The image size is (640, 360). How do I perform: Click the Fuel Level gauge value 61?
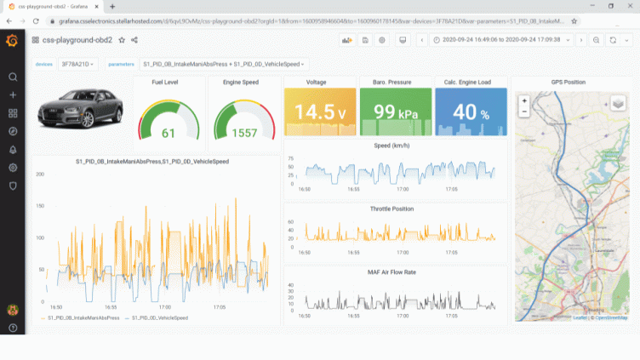click(x=169, y=133)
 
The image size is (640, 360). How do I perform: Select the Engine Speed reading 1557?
click(x=244, y=133)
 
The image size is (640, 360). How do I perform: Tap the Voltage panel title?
click(x=317, y=82)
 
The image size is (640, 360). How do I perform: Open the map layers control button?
click(x=618, y=103)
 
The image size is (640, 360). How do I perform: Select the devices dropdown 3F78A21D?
click(x=79, y=64)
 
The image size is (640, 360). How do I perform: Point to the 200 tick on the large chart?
click(x=39, y=174)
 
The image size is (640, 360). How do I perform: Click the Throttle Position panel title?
click(x=392, y=209)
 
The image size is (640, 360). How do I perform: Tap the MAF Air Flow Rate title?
click(x=392, y=271)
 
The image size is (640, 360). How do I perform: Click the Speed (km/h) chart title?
click(x=392, y=146)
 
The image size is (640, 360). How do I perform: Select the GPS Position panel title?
click(x=568, y=82)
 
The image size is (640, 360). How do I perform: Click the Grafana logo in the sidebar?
click(x=12, y=40)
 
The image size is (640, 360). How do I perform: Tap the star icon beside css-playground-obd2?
click(x=122, y=40)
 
